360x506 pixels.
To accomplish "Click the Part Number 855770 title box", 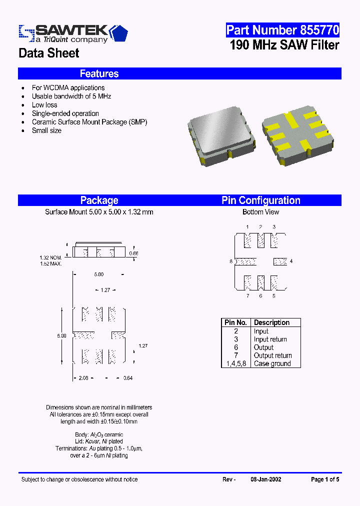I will (282, 30).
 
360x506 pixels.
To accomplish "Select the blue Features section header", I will (99, 73).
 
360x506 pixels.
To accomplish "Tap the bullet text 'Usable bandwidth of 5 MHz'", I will (71, 96).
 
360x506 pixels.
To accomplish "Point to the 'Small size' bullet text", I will (46, 130).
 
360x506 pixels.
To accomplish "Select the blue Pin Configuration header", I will (260, 200).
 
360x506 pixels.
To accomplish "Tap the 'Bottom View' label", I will (260, 212).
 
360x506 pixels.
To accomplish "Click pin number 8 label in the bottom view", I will (231, 261).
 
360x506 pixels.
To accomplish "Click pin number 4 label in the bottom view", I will (291, 261).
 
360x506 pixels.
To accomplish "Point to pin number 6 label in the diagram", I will (260, 296).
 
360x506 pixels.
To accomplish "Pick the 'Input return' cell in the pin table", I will (270, 339).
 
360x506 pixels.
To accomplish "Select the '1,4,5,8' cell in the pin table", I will (236, 364).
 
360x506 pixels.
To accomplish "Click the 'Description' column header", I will (271, 322).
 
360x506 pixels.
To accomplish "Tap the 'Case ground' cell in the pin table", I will (272, 364).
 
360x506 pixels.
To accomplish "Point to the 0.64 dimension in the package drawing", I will (128, 378).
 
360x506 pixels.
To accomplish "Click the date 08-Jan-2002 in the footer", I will (265, 479).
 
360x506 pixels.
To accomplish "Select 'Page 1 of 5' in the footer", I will (325, 479).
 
